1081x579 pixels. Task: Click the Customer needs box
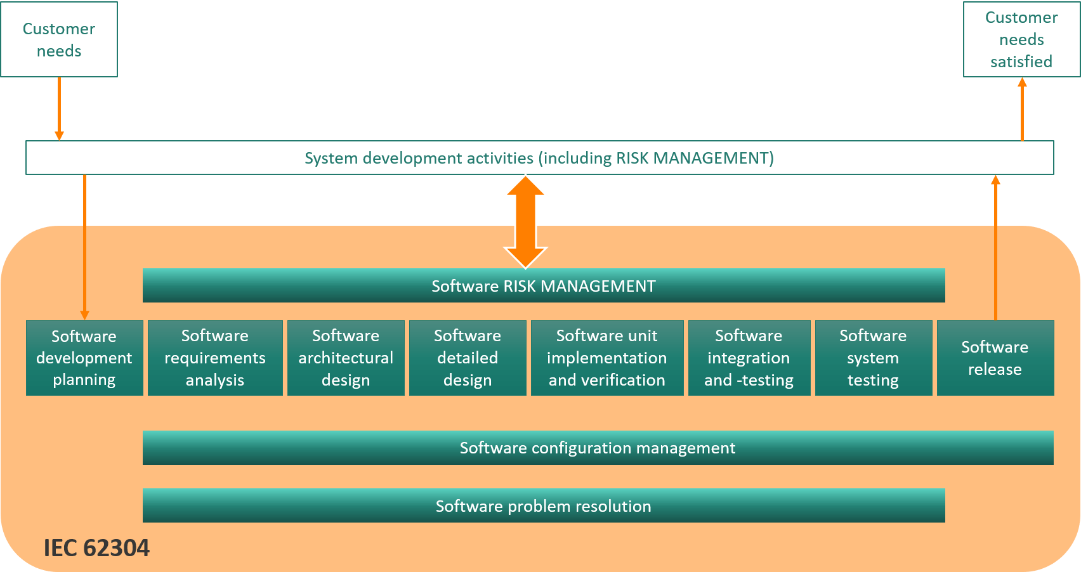click(x=59, y=39)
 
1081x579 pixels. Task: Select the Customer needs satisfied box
click(x=1021, y=39)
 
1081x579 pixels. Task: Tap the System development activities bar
click(x=539, y=158)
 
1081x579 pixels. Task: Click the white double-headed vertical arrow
click(x=525, y=221)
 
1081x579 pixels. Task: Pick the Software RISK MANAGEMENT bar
click(x=544, y=286)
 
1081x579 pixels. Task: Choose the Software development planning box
click(x=84, y=358)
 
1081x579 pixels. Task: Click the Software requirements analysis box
click(x=215, y=358)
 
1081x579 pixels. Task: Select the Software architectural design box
click(x=346, y=358)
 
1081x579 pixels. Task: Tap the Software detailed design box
click(x=468, y=358)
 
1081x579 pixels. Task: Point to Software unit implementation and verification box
click(x=607, y=358)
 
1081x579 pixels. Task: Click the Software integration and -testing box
click(x=749, y=358)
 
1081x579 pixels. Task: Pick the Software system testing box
click(x=873, y=358)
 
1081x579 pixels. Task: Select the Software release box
click(x=995, y=358)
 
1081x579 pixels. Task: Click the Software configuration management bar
click(x=598, y=448)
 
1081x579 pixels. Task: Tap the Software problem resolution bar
click(x=544, y=506)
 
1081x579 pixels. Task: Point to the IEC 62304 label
click(x=96, y=548)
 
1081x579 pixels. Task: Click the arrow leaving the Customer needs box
click(x=59, y=108)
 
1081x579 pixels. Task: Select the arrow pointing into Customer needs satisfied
click(x=1022, y=108)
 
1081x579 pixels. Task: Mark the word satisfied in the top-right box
click(x=1021, y=62)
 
